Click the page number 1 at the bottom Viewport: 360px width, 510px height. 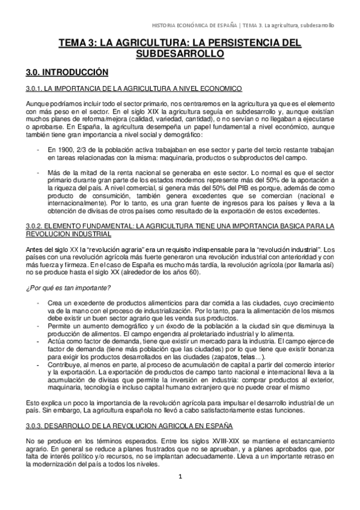click(179, 494)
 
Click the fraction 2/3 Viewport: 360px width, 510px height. click(75, 149)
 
